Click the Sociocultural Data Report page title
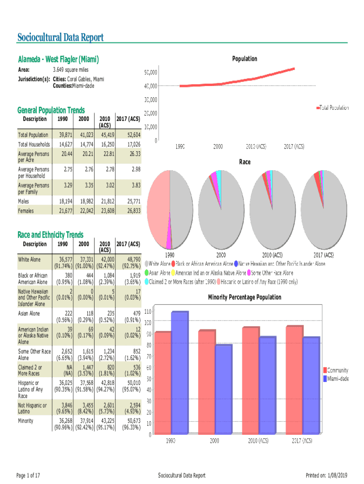coord(60,37)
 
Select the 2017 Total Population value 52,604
coord(131,135)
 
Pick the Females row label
coord(26,211)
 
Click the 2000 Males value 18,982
coord(85,202)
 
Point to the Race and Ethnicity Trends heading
coord(50,235)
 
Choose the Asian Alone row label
coord(29,313)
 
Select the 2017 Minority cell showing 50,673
coord(131,421)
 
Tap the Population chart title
coord(244,59)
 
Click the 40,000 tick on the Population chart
coord(151,86)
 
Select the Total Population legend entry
coord(334,108)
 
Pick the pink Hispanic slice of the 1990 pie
coord(157,208)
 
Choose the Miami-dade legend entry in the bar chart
coord(338,379)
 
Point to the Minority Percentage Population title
coord(244,297)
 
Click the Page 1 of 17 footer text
coord(28,475)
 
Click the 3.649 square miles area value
coord(70,70)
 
